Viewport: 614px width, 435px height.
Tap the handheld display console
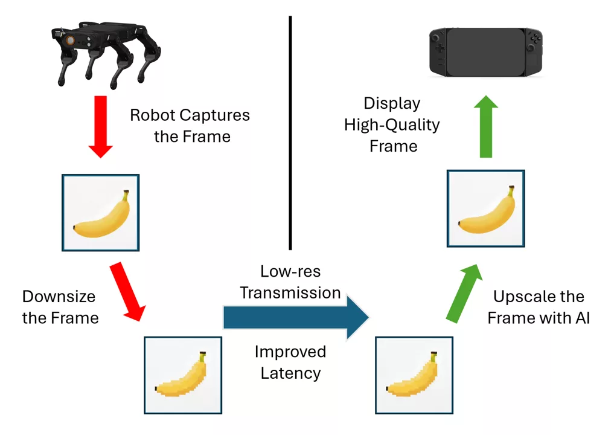pyautogui.click(x=485, y=53)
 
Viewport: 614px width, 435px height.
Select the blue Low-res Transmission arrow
pyautogui.click(x=296, y=317)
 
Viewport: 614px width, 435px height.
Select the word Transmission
pyautogui.click(x=290, y=293)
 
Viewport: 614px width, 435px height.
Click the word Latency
pyautogui.click(x=290, y=373)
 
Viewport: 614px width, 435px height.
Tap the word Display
pyautogui.click(x=392, y=103)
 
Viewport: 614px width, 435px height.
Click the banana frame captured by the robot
pyautogui.click(x=101, y=213)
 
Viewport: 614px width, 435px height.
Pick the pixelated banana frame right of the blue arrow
pyautogui.click(x=414, y=375)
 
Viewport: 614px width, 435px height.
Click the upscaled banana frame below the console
pyautogui.click(x=485, y=208)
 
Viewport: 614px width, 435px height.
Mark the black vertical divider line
pyautogui.click(x=290, y=133)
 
